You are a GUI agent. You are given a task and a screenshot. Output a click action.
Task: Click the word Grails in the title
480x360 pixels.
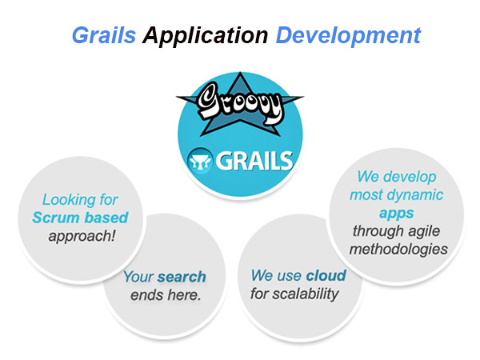(x=104, y=35)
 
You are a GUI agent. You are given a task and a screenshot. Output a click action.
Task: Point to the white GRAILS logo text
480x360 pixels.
(x=254, y=161)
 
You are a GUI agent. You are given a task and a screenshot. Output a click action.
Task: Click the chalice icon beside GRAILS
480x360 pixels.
(x=200, y=161)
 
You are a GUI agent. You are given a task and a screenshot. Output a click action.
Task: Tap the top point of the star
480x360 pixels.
(x=240, y=72)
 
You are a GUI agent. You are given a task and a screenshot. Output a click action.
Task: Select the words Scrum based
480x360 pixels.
(x=80, y=218)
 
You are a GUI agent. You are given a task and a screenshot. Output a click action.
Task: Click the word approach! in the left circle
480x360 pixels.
(x=82, y=236)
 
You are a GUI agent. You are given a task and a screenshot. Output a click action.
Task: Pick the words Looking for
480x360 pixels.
(x=80, y=199)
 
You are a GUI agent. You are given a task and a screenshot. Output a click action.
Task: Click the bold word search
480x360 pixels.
(x=182, y=277)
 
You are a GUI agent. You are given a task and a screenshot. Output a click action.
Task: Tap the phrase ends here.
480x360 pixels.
(x=166, y=295)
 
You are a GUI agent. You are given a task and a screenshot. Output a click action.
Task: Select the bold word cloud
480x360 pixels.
(x=326, y=275)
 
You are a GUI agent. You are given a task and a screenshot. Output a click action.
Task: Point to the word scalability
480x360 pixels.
(x=306, y=294)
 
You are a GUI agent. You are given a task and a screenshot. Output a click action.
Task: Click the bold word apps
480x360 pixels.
(x=397, y=214)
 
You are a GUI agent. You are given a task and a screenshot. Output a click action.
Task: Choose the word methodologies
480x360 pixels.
(x=398, y=250)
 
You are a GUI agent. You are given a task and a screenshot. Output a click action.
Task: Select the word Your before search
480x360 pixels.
(x=138, y=277)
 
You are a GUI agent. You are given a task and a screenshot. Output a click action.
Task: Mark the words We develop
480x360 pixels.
(x=397, y=177)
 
